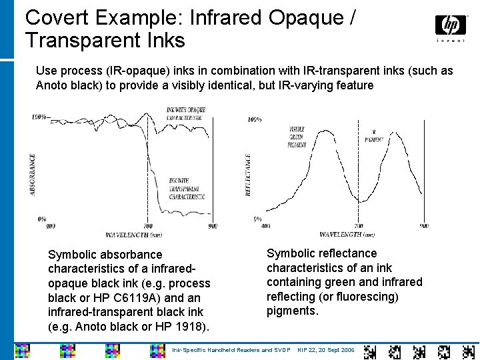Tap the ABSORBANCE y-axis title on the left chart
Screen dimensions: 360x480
click(x=33, y=175)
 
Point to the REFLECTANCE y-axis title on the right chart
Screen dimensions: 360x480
click(x=248, y=175)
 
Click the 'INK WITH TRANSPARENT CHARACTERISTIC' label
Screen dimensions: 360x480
click(x=187, y=189)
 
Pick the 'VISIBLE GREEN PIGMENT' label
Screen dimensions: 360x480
click(x=297, y=137)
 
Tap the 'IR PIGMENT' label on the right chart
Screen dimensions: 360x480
click(x=374, y=136)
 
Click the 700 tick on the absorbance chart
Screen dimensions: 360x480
click(x=147, y=227)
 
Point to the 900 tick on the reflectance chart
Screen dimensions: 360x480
click(x=424, y=226)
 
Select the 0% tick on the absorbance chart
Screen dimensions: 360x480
click(x=42, y=219)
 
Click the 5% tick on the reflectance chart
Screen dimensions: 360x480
click(x=257, y=219)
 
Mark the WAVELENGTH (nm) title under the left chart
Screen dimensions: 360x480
click(x=133, y=235)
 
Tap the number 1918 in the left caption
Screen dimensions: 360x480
click(x=191, y=327)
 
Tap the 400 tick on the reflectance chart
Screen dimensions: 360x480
click(x=265, y=226)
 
